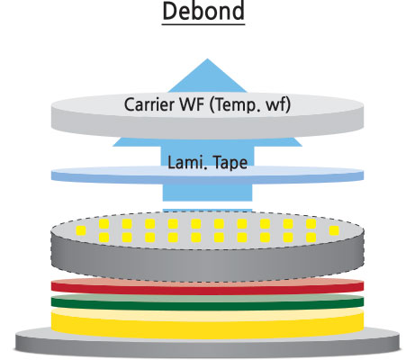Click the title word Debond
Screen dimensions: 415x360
click(x=203, y=11)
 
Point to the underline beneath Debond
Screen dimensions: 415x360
click(x=203, y=24)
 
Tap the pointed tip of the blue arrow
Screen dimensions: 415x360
click(x=207, y=58)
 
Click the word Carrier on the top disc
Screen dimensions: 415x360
click(x=149, y=104)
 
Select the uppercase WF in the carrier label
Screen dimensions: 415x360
click(x=192, y=104)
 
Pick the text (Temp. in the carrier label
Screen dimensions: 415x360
click(x=231, y=105)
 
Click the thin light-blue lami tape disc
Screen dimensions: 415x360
click(x=207, y=175)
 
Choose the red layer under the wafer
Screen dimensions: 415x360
click(x=207, y=287)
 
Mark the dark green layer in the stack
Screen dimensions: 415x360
click(x=207, y=303)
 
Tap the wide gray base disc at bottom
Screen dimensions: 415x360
click(x=207, y=345)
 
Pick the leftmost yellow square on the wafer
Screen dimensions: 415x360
click(x=81, y=230)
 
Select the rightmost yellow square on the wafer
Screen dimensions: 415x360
click(x=334, y=230)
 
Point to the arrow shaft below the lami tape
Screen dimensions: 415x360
click(x=207, y=193)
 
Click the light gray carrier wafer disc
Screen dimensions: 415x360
click(x=207, y=116)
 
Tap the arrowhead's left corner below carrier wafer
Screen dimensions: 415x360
click(x=113, y=146)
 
